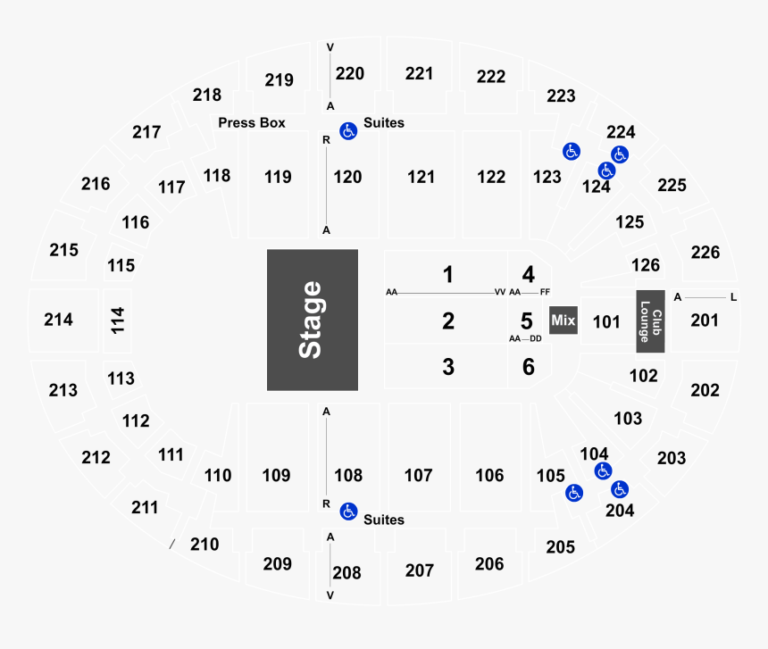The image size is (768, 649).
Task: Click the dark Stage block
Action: [312, 320]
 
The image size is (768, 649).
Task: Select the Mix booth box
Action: [563, 320]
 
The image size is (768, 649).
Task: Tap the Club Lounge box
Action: [649, 320]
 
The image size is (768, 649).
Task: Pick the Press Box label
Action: [252, 123]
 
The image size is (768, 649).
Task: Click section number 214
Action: [58, 320]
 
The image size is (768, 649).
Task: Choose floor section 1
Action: [448, 274]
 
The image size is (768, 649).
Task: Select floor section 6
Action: [528, 366]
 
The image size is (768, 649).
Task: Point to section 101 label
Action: [606, 321]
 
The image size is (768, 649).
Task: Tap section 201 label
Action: [704, 320]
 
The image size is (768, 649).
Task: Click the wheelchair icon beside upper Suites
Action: [348, 131]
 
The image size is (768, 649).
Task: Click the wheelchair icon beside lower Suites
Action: [348, 512]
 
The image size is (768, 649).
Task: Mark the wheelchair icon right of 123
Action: [570, 152]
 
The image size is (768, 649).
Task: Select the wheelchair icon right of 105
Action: [573, 492]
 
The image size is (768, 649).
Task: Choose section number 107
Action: [418, 476]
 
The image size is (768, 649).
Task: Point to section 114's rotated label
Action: [117, 320]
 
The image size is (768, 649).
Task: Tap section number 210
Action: [205, 544]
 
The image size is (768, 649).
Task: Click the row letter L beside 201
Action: [733, 297]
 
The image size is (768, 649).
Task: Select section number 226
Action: [705, 253]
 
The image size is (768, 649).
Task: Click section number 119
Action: [278, 177]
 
